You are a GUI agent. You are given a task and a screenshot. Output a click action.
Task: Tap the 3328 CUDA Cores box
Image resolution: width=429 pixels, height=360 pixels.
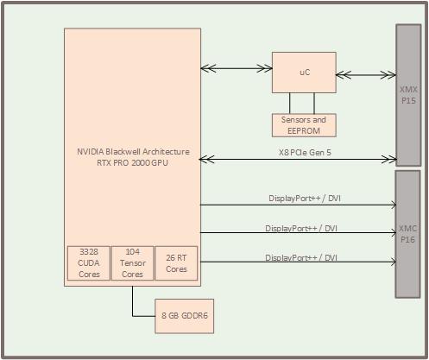click(88, 262)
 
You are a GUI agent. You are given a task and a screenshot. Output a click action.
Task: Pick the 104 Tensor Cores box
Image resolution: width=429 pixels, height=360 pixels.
click(132, 262)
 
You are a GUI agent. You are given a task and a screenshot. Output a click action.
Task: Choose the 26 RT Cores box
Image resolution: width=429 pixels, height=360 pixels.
click(176, 262)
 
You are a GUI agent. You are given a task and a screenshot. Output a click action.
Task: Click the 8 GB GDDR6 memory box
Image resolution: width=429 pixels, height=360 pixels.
click(186, 316)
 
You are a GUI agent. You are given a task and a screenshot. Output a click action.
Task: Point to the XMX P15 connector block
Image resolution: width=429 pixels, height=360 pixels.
click(408, 94)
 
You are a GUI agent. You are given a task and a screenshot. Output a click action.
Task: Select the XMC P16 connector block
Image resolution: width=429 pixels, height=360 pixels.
click(408, 233)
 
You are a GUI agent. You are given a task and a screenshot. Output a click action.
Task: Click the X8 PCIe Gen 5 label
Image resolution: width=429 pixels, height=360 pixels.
click(298, 150)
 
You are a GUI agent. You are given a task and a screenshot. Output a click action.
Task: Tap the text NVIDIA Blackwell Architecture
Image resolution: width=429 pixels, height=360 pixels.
click(132, 152)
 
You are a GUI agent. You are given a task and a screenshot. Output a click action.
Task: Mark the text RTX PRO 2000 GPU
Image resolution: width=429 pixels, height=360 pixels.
click(132, 162)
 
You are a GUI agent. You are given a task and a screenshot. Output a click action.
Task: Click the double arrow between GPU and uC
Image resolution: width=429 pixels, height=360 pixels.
click(236, 67)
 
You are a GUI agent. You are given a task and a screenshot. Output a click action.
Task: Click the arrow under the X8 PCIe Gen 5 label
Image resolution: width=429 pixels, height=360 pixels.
click(298, 159)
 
